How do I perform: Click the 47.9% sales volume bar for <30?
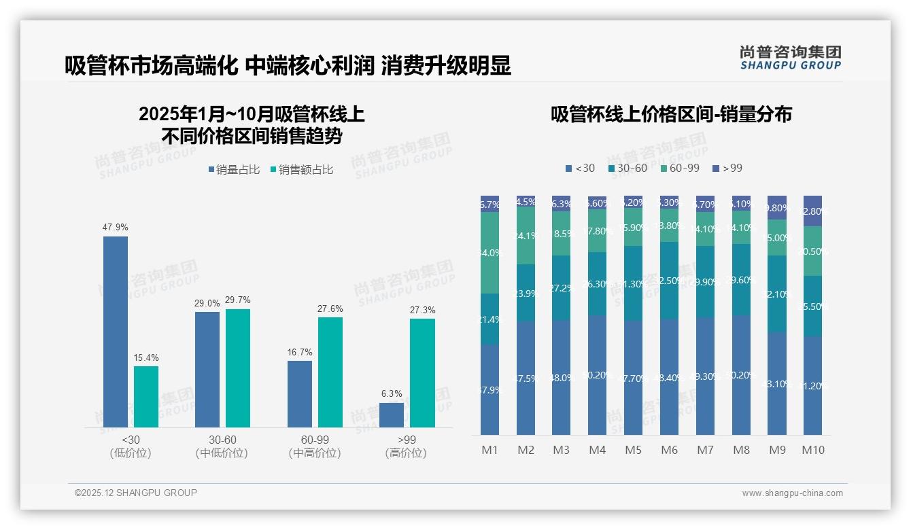[115, 332]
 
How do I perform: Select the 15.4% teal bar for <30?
[145, 397]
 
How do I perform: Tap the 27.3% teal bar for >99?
[422, 373]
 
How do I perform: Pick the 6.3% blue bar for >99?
[392, 415]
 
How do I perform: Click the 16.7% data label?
[300, 353]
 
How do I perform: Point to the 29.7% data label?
[238, 300]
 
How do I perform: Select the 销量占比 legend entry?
[234, 170]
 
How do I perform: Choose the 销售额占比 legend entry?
[302, 170]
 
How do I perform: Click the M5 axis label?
[633, 450]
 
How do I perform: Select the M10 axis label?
[812, 450]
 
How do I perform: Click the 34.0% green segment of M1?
[489, 253]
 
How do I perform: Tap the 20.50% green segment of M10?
[812, 251]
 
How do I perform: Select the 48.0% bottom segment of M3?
[561, 377]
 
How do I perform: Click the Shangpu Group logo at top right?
[790, 58]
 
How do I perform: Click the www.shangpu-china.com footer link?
[792, 493]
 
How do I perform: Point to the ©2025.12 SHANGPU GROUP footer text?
[136, 493]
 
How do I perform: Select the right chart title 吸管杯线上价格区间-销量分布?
[671, 114]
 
